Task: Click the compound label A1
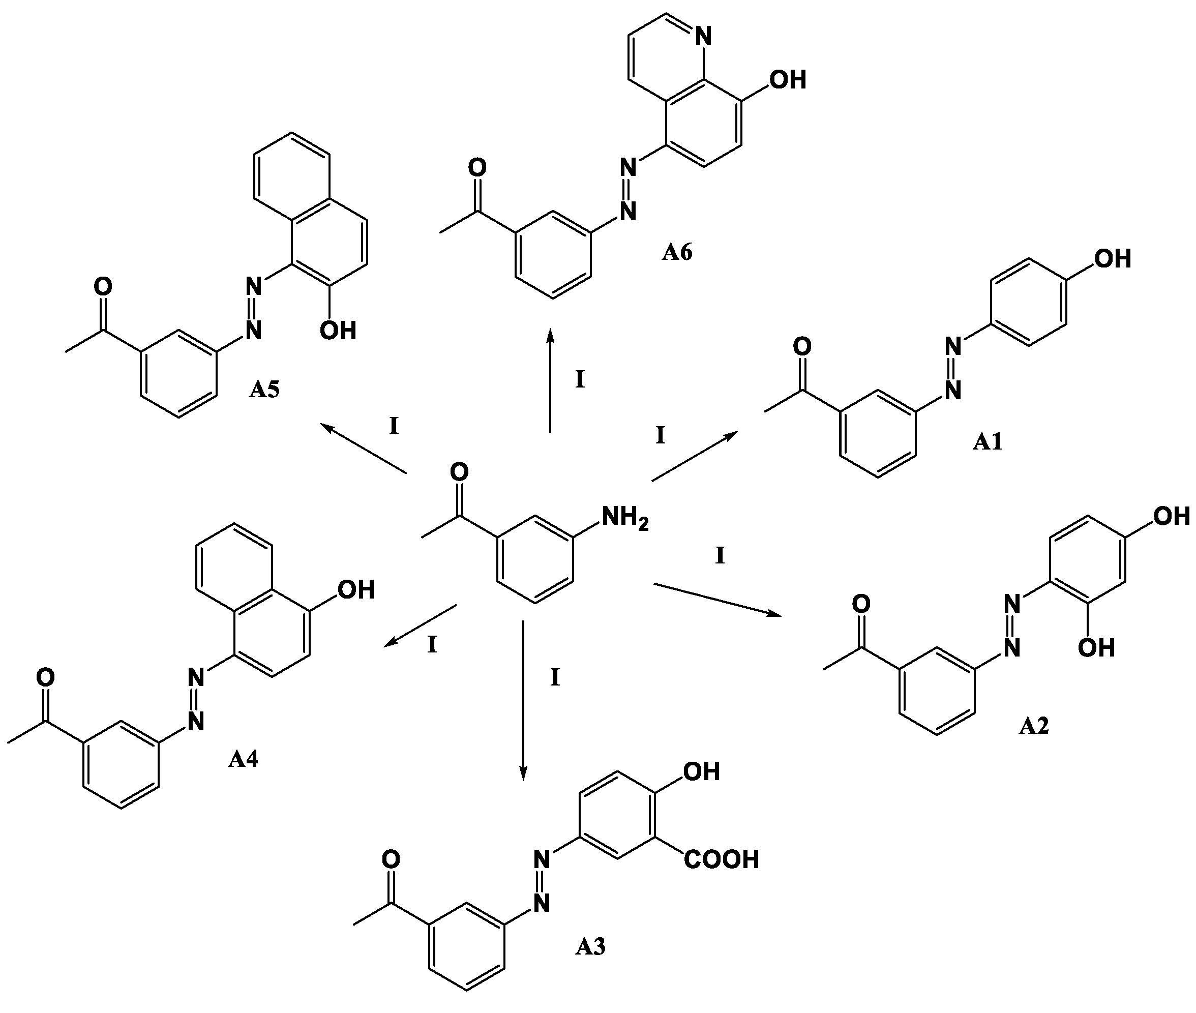987,441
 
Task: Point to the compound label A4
243,759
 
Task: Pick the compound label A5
264,390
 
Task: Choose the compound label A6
677,252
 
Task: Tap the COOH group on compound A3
722,859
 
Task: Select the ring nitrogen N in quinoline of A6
703,37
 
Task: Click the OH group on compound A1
1112,259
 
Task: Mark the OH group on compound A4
356,590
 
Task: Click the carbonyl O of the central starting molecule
459,472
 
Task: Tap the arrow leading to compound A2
717,600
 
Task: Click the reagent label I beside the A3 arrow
555,678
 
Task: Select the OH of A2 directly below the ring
1096,648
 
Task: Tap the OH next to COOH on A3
702,771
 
